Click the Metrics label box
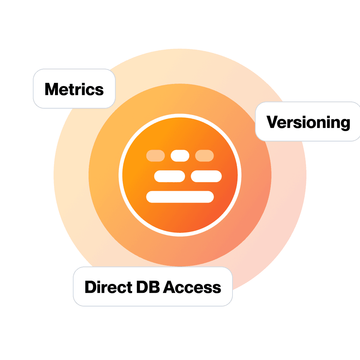tap(74, 89)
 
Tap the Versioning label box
tap(308, 121)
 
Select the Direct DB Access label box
tap(153, 286)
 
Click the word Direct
tap(105, 287)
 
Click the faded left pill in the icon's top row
tap(155, 156)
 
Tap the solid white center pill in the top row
tap(180, 156)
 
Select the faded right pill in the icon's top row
tap(204, 156)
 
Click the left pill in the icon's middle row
tap(169, 176)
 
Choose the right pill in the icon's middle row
tap(206, 176)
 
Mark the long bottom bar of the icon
tap(180, 197)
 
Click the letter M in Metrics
tap(51, 89)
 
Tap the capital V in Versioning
tap(272, 122)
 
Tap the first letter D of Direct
tap(90, 287)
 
